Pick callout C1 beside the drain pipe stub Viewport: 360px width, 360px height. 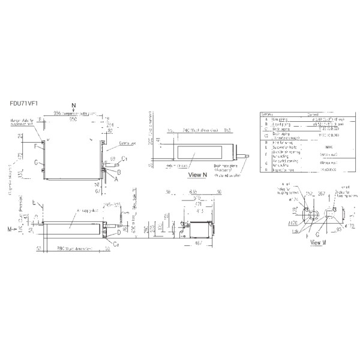tap(125, 158)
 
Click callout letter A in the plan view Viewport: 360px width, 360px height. tap(116, 179)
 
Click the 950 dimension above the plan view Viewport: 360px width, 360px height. tap(72, 119)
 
